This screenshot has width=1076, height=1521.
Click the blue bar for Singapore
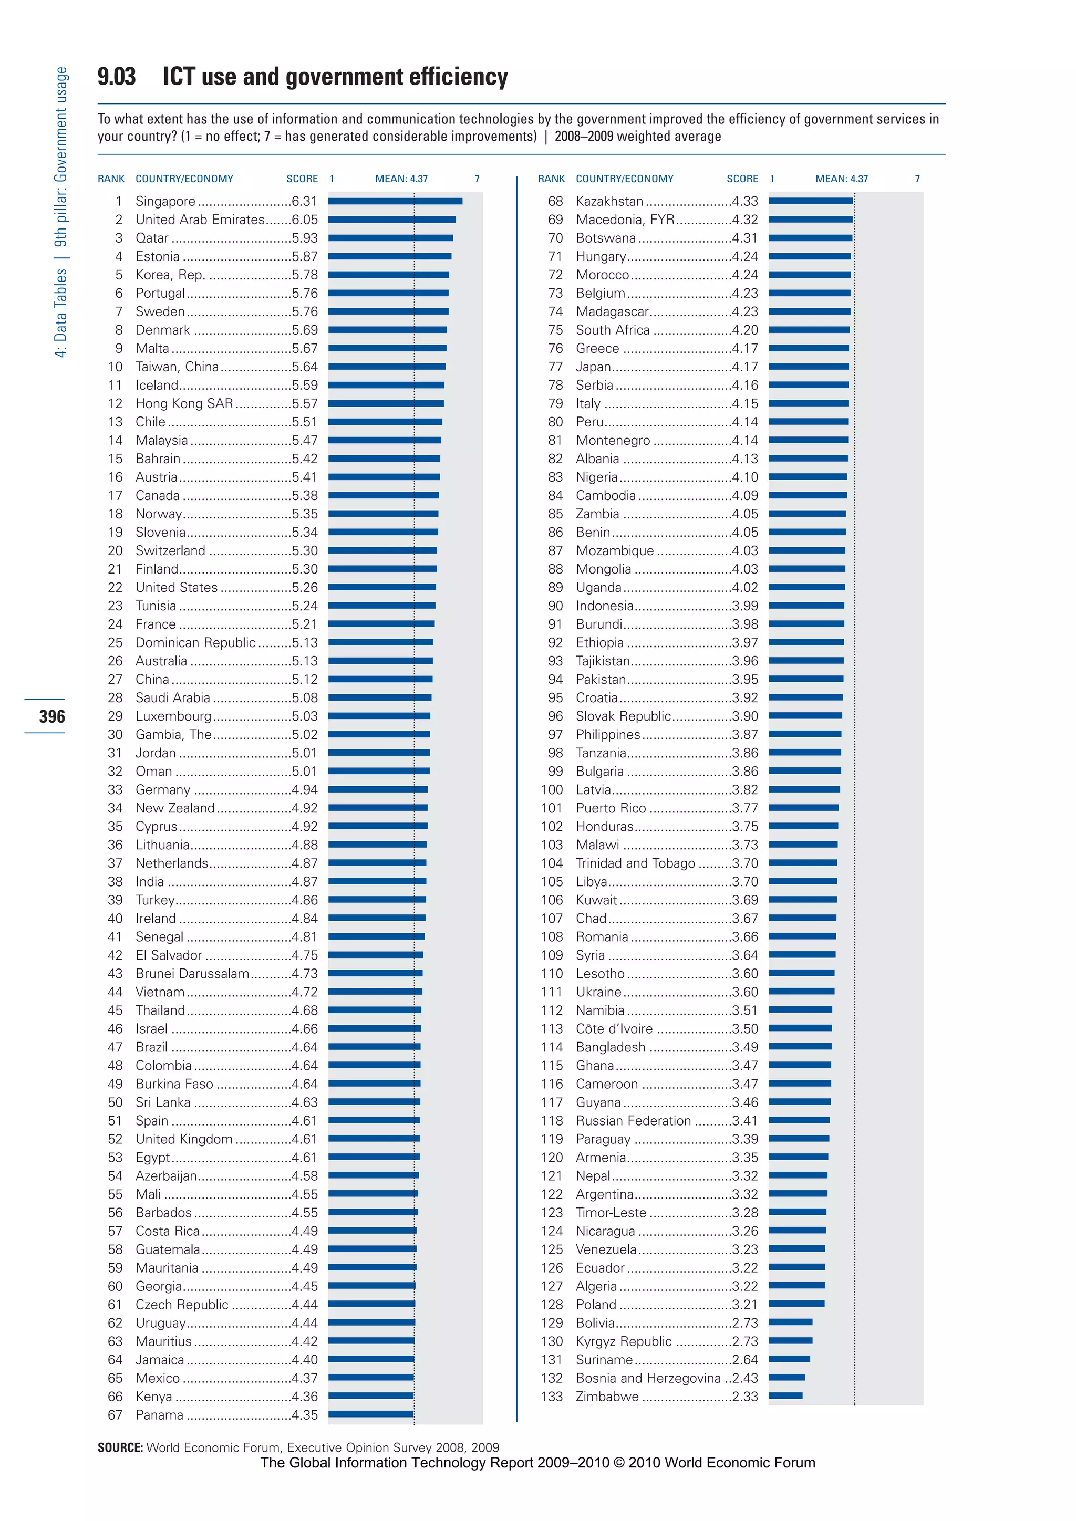click(x=395, y=201)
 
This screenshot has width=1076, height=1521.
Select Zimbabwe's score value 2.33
click(x=744, y=1397)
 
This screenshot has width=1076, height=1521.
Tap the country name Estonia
click(x=157, y=256)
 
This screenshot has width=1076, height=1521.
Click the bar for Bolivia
click(x=790, y=1322)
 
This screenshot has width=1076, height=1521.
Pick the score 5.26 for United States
click(x=304, y=588)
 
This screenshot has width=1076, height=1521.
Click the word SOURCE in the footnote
click(x=120, y=1447)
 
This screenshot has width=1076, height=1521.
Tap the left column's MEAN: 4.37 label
click(x=401, y=179)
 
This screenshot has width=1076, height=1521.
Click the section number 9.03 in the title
click(x=117, y=77)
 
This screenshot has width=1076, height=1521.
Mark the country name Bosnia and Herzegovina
click(x=647, y=1378)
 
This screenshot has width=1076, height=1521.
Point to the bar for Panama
click(x=370, y=1414)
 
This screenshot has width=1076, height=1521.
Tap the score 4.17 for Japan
click(x=744, y=367)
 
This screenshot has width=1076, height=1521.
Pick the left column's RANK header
click(x=111, y=179)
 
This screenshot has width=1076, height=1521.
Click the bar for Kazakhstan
click(x=810, y=201)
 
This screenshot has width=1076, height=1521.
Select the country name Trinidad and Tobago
click(x=635, y=863)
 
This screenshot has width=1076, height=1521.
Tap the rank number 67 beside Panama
click(x=115, y=1415)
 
